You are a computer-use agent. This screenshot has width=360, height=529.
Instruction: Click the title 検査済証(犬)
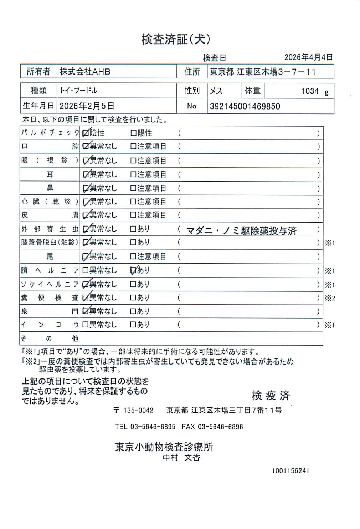coord(176,39)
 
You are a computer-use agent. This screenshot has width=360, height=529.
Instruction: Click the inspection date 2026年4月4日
coord(308,57)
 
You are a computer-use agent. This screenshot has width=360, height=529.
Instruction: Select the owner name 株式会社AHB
coord(85,72)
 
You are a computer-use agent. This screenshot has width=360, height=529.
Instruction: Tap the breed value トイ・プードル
coord(78,91)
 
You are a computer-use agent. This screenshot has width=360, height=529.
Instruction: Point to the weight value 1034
coord(309,91)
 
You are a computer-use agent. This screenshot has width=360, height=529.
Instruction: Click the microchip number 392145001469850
coord(245,106)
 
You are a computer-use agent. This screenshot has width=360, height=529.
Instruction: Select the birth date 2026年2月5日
coord(87,106)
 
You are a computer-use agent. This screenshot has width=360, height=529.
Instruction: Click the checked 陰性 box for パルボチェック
coord(86,133)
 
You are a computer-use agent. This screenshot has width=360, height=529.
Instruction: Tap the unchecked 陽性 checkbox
coord(134,133)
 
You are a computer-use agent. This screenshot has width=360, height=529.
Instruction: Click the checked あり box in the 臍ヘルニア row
coord(134,270)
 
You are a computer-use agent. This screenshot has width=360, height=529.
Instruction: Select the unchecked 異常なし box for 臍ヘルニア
coord(86,270)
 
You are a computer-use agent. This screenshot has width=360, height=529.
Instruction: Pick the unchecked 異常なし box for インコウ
coord(86,325)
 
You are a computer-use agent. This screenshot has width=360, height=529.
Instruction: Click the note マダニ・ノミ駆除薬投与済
coord(241,231)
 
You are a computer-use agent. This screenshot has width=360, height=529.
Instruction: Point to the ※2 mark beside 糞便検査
coord(330,298)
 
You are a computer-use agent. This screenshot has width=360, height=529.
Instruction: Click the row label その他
coord(49,339)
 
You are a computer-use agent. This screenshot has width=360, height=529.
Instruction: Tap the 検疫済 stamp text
coord(271,395)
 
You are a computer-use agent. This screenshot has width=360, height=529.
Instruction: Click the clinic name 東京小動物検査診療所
coord(164,447)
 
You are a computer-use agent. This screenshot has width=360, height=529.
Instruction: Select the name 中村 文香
coord(181,457)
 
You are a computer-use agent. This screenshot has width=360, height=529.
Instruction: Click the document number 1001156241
coord(290,471)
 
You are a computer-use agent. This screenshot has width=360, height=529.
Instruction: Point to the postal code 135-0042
coord(138,411)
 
